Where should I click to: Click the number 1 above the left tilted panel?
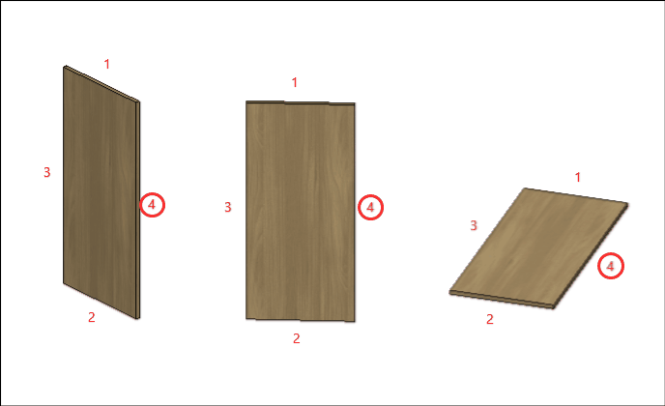pos(107,64)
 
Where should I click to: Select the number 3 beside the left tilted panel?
pos(47,172)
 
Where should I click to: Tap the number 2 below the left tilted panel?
pos(92,317)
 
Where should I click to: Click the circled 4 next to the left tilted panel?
pos(152,205)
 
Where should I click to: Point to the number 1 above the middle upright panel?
pos(295,82)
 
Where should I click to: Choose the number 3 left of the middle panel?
pos(228,207)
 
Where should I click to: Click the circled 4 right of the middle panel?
pos(370,208)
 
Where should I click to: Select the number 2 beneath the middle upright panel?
pos(297,338)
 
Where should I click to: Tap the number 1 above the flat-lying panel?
pos(578,177)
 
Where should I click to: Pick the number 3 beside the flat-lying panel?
pos(474,225)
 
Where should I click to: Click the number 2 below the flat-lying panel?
pos(490,319)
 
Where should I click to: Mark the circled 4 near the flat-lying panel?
pos(611,266)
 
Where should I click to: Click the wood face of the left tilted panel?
pos(100,190)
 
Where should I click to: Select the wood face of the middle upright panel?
pos(301,212)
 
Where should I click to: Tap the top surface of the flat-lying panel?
pos(538,246)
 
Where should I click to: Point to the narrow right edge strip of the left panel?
pos(138,210)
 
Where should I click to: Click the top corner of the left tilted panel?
pos(65,66)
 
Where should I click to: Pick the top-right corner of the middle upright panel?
pos(355,102)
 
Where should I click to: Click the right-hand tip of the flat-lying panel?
pos(627,204)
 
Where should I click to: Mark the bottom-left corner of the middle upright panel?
pos(246,319)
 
